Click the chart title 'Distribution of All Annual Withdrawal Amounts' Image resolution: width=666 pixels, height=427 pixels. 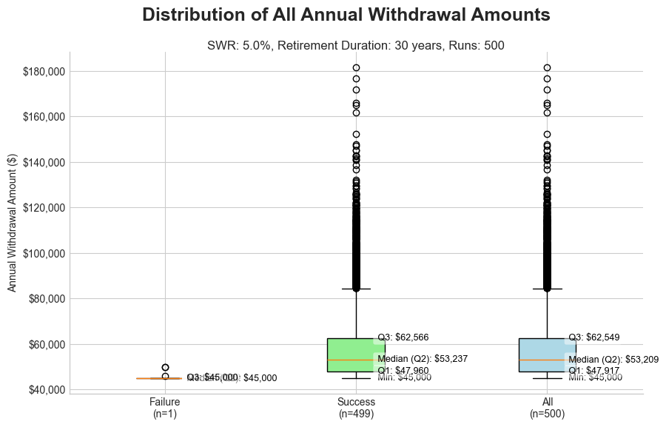coord(346,15)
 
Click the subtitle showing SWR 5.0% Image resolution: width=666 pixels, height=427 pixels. coord(355,46)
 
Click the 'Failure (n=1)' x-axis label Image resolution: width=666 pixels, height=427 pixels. coord(165,408)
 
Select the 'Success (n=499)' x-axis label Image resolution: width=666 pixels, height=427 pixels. coord(356,408)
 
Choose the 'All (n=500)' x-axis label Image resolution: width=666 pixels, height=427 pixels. coord(548,408)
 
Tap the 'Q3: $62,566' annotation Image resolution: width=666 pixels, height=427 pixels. coord(403,337)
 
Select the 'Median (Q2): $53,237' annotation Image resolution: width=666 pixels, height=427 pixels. coord(423,360)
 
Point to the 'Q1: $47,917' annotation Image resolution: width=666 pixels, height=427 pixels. coord(593,370)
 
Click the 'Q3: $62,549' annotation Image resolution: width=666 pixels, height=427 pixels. coord(593,337)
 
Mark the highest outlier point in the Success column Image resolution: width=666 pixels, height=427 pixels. coord(356,68)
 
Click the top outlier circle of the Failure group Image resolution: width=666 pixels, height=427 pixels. coord(165,367)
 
